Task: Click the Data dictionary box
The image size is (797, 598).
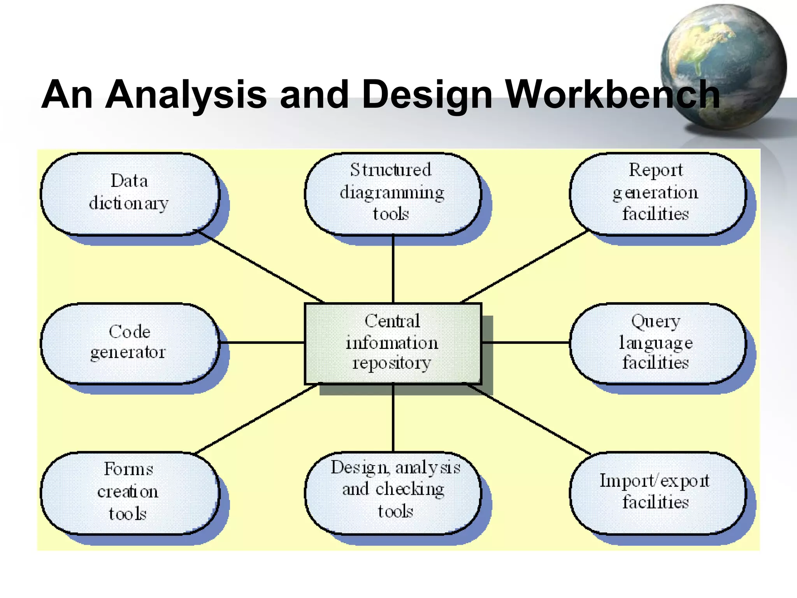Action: click(x=130, y=193)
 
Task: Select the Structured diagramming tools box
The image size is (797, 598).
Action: click(x=392, y=193)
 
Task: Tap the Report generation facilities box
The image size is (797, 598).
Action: click(x=657, y=193)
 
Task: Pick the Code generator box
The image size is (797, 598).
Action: click(x=130, y=343)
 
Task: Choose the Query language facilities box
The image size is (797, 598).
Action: click(x=657, y=343)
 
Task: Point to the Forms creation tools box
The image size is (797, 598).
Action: click(x=130, y=492)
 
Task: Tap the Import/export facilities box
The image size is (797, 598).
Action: click(x=657, y=492)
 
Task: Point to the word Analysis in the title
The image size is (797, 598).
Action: click(x=186, y=95)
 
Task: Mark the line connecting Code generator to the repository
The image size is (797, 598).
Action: click(x=262, y=343)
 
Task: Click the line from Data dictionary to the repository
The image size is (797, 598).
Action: click(x=261, y=267)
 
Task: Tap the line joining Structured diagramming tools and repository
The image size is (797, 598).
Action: click(x=393, y=269)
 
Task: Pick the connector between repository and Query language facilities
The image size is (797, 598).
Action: click(x=525, y=343)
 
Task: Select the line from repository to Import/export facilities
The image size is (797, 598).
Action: click(x=529, y=419)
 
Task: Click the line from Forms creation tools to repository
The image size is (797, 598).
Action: click(x=257, y=419)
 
